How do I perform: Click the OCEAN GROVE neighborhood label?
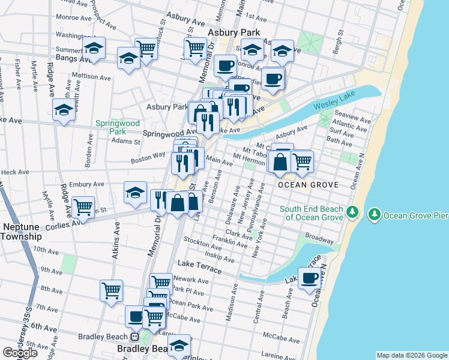(x=308, y=185)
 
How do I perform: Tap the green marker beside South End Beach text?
(x=354, y=212)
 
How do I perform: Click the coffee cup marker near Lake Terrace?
(x=310, y=279)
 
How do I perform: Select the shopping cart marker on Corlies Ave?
(x=83, y=207)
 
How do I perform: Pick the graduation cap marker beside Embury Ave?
(x=136, y=193)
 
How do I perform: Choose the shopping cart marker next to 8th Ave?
(x=112, y=291)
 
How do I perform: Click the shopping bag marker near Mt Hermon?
(x=280, y=161)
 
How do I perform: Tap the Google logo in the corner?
(x=20, y=353)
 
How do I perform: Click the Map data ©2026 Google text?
(x=412, y=355)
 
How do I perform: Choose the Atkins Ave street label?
(x=116, y=241)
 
